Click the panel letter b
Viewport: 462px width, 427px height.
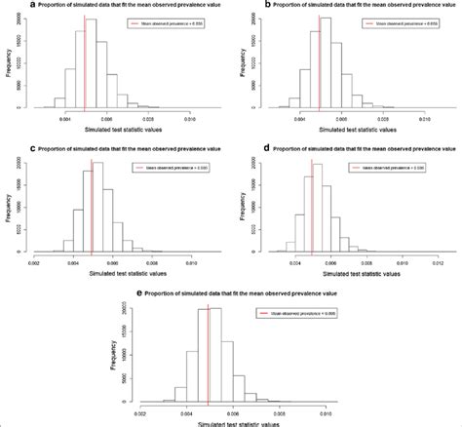(x=240, y=5)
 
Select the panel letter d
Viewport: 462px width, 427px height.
(x=240, y=148)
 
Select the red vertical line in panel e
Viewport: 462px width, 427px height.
(x=209, y=351)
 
